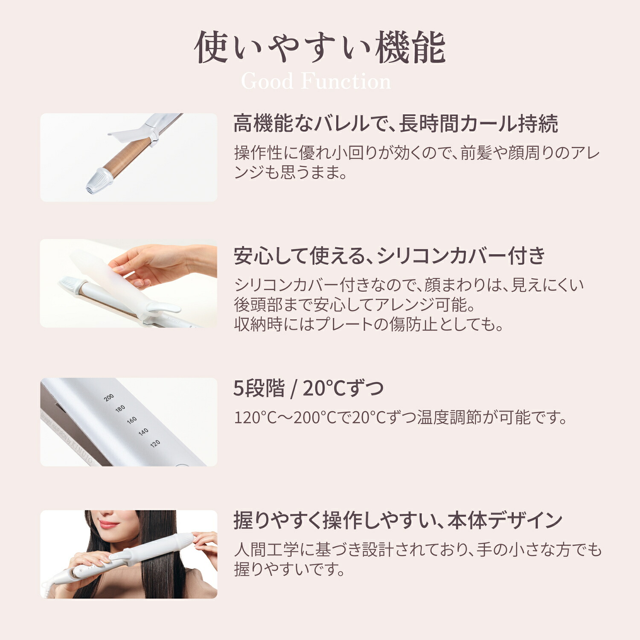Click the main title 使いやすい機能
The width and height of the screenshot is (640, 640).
pyautogui.click(x=320, y=48)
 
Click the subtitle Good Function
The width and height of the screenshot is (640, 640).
pyautogui.click(x=316, y=81)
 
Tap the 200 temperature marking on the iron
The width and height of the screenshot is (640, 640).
pyautogui.click(x=109, y=397)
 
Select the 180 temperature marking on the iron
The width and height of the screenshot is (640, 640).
pyautogui.click(x=120, y=408)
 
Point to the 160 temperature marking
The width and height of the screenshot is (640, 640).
pyautogui.click(x=132, y=420)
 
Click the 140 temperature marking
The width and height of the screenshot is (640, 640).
pyautogui.click(x=143, y=431)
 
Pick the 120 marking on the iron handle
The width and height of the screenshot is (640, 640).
pyautogui.click(x=155, y=443)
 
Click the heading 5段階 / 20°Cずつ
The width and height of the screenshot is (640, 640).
pyautogui.click(x=308, y=388)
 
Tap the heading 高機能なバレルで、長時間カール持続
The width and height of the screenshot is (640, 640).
pyautogui.click(x=395, y=124)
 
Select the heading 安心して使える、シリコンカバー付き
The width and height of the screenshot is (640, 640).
pyautogui.click(x=389, y=256)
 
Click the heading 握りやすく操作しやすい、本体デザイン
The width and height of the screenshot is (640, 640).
pyautogui.click(x=398, y=521)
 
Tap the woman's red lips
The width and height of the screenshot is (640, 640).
pyautogui.click(x=108, y=524)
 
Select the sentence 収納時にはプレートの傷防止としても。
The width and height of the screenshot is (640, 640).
pyautogui.click(x=369, y=324)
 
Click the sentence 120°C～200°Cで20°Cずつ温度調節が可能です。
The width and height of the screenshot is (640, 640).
pyautogui.click(x=400, y=417)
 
